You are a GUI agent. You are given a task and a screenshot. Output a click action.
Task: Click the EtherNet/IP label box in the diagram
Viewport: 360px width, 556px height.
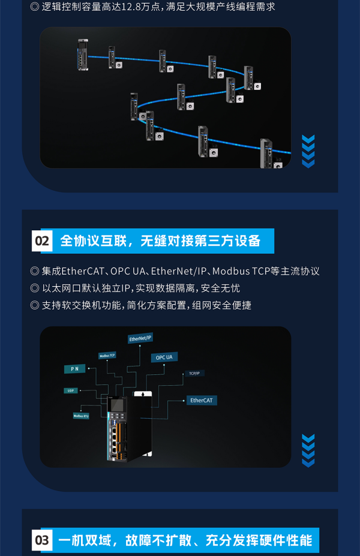(x=140, y=339)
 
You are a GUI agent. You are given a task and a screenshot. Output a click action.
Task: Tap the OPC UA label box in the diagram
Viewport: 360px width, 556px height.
(x=164, y=357)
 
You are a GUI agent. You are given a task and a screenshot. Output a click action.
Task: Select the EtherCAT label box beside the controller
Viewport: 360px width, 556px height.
(x=202, y=400)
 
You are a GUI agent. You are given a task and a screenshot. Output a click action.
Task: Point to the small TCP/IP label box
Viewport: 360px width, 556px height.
(x=194, y=373)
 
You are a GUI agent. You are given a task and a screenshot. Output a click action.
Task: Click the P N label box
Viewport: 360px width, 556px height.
(x=74, y=369)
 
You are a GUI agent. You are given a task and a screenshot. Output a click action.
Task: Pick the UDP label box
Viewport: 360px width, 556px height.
(x=71, y=390)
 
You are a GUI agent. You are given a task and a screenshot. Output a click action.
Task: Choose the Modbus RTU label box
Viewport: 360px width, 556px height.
(x=81, y=415)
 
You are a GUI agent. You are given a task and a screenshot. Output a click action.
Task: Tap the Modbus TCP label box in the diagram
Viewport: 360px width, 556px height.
(x=107, y=356)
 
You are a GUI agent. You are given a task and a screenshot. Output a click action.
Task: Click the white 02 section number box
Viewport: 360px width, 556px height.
(x=43, y=241)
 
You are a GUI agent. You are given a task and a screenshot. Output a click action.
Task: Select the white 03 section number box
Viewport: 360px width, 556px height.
(x=43, y=540)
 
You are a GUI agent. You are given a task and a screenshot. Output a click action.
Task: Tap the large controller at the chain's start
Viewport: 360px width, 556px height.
(x=83, y=55)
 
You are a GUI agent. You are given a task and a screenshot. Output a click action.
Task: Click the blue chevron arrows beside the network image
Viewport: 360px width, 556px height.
(x=308, y=152)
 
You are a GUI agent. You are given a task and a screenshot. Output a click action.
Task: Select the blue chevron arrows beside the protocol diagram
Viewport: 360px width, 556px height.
(x=308, y=450)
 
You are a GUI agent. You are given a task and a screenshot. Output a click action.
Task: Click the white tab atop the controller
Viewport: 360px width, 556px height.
(x=142, y=395)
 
